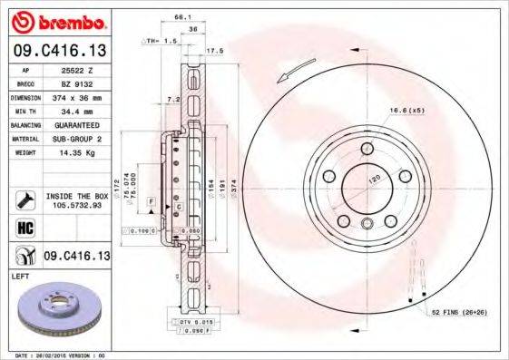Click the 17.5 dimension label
pyautogui.click(x=215, y=51)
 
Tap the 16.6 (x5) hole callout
pyautogui.click(x=407, y=111)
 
